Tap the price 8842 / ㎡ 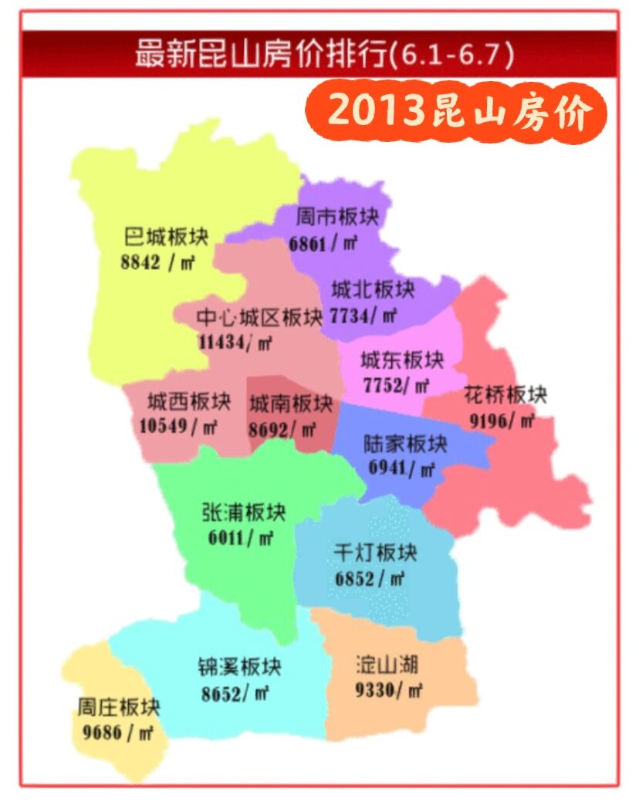tap(157, 262)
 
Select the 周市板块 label tap(333, 217)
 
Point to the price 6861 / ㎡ tap(323, 243)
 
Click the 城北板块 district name tap(373, 289)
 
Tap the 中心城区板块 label tap(259, 317)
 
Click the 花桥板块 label tap(505, 394)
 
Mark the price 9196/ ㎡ tap(502, 421)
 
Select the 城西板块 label tap(189, 401)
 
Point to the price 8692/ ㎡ tap(282, 428)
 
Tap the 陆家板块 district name tap(406, 444)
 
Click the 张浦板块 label tap(244, 512)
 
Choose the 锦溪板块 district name tap(239, 666)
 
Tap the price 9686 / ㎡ tap(117, 732)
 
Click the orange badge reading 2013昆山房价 tap(458, 113)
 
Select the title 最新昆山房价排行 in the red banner tap(262, 55)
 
